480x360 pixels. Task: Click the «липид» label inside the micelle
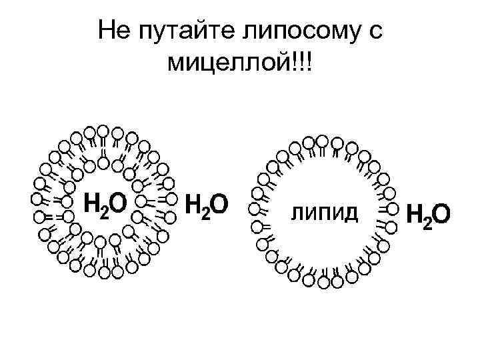click(324, 213)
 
